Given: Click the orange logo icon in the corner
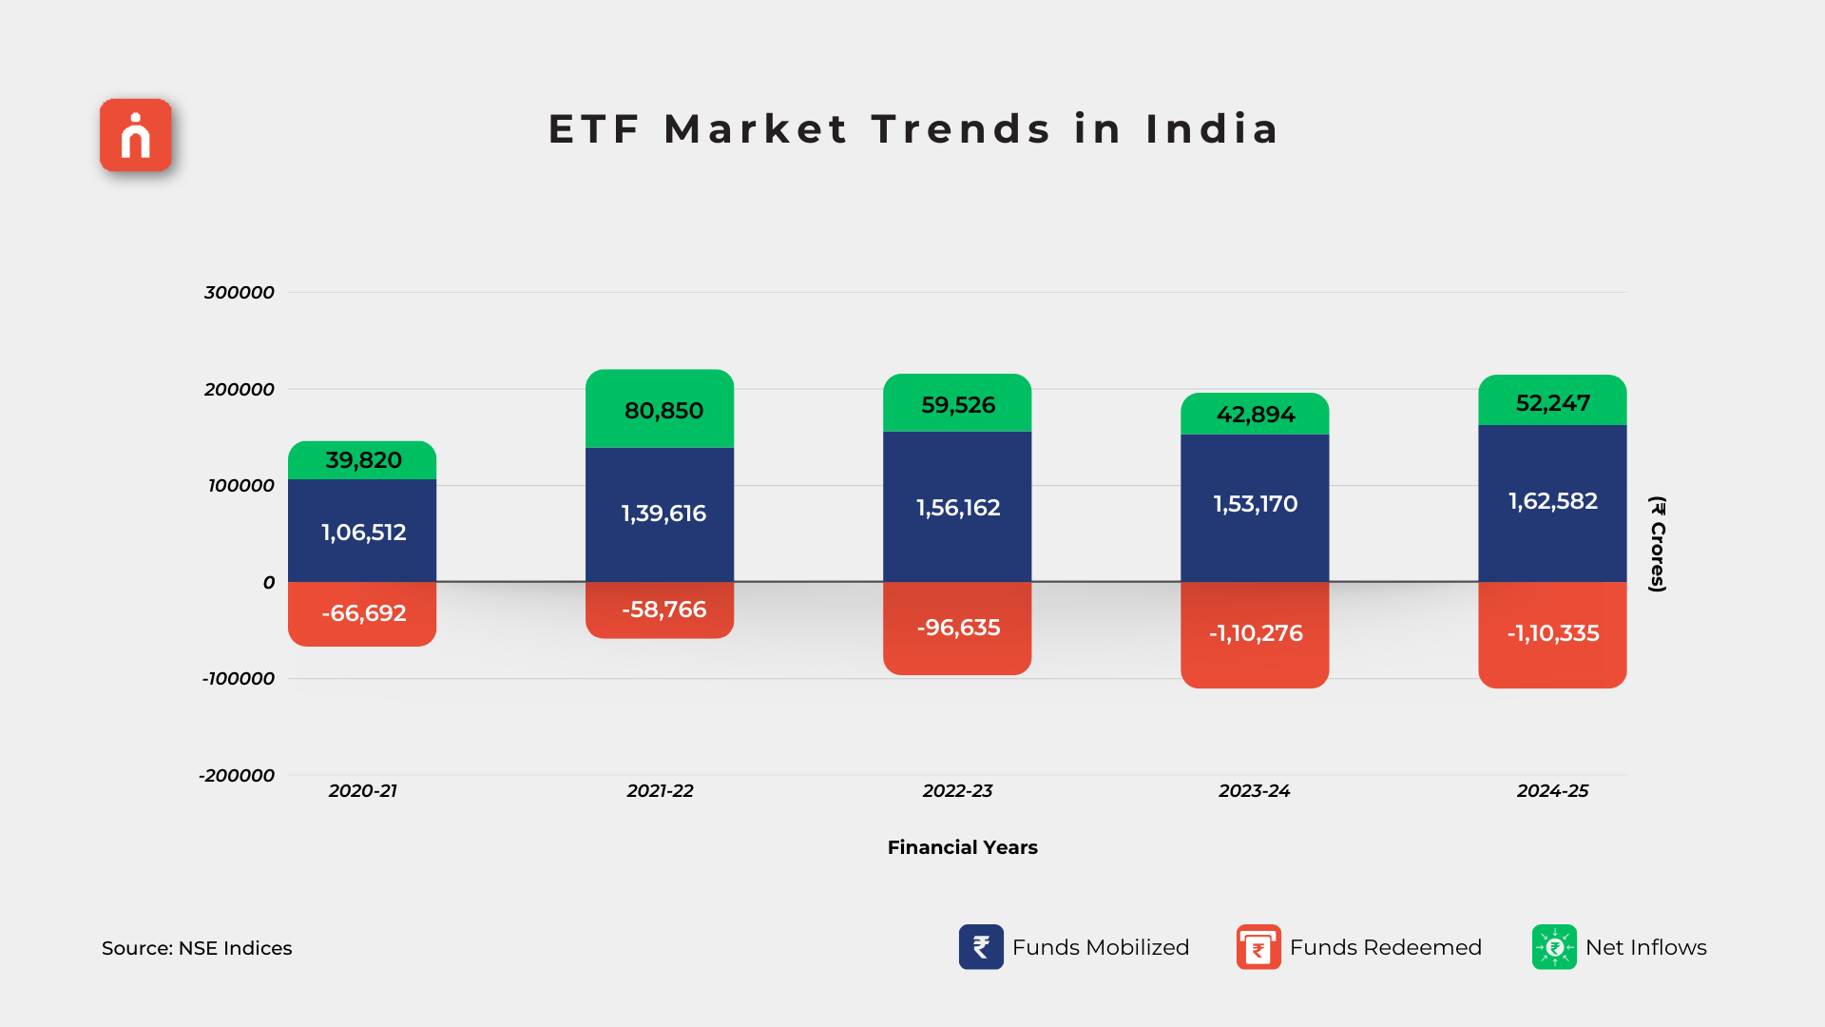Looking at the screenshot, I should coord(136,135).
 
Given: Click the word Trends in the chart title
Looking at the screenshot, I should coord(961,129).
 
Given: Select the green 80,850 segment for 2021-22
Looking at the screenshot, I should coord(660,410).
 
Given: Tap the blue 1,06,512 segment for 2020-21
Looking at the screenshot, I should coord(362,531).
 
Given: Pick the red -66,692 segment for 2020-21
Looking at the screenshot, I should coord(362,614).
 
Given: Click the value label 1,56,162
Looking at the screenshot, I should coord(957,508).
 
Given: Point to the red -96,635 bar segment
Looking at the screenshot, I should coord(957,629).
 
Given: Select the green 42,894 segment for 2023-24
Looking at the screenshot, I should coord(1255,415).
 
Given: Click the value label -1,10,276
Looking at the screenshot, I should coord(1255,633).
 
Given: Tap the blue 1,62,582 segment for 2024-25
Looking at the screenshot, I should coord(1552,502).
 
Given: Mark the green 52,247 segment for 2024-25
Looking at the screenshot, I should coord(1552,402).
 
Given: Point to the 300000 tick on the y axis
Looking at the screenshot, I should coord(240,293).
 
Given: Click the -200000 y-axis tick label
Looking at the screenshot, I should coord(237,776).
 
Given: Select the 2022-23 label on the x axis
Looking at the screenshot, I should coord(957,791).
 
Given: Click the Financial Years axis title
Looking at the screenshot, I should coord(962,847).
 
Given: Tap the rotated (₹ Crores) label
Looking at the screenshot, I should coord(1658,544).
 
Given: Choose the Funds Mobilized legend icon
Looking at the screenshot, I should coord(981,947).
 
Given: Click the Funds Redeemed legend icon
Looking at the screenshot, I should coord(1258,947).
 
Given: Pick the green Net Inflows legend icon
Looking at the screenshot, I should coord(1554,947).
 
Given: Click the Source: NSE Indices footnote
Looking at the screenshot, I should coord(197,948).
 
